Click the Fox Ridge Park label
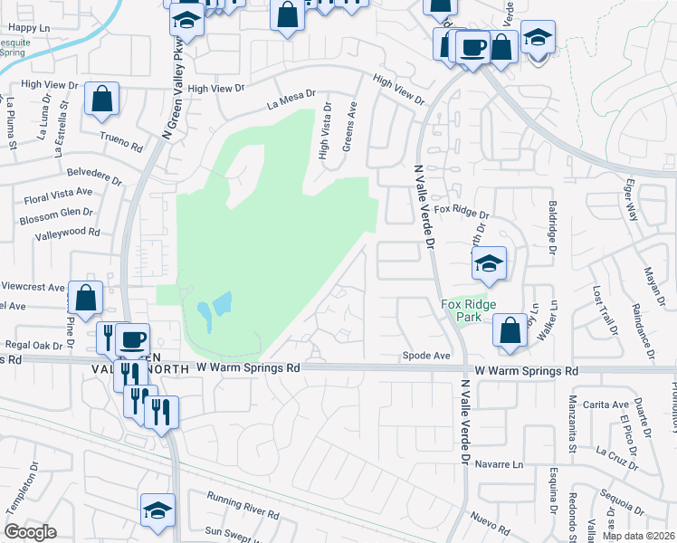[x=462, y=311]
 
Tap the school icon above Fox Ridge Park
[x=489, y=263]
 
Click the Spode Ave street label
[x=426, y=357]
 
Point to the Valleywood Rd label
[x=67, y=232]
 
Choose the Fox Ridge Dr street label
[x=461, y=211]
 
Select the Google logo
[x=30, y=532]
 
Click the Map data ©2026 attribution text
[x=637, y=536]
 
